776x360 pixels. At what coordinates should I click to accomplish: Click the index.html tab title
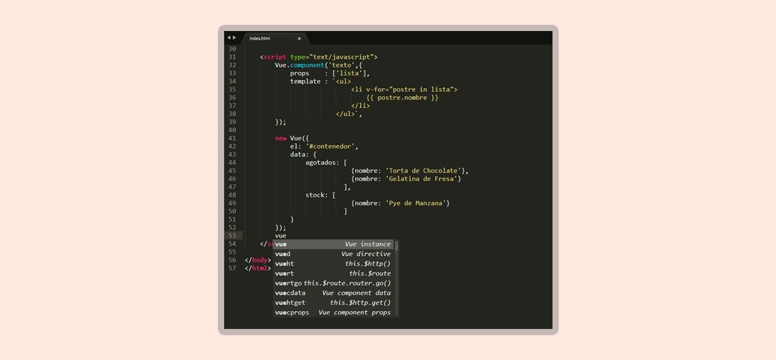click(x=259, y=38)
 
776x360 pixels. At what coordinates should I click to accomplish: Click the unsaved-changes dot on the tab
click(x=299, y=38)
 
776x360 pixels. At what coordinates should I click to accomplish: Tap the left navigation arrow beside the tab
click(x=228, y=37)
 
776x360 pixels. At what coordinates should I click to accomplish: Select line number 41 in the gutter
click(x=232, y=138)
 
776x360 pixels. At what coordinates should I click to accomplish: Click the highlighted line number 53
click(x=232, y=236)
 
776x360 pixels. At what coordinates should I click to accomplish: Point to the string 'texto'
click(x=341, y=65)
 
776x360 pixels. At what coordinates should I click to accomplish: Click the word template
click(x=305, y=82)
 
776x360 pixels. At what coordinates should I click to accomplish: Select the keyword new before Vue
click(x=281, y=138)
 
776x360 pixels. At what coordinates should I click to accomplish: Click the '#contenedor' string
click(x=330, y=146)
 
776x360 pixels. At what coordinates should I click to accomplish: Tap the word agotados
click(x=320, y=163)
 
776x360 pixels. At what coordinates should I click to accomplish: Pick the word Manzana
click(x=429, y=203)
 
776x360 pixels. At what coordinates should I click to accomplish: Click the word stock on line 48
click(x=315, y=195)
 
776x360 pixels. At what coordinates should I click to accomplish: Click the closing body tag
click(x=258, y=260)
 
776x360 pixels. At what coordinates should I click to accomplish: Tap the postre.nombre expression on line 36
click(x=402, y=97)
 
